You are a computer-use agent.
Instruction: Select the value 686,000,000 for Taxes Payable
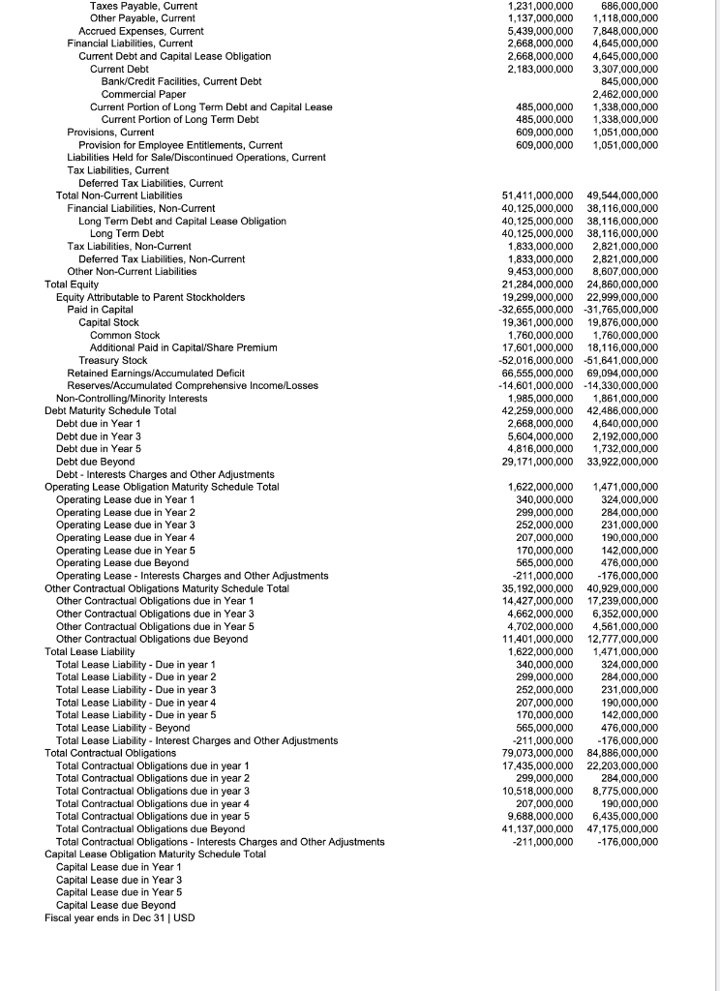pyautogui.click(x=624, y=6)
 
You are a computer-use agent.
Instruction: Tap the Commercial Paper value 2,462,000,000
pyautogui.click(x=624, y=94)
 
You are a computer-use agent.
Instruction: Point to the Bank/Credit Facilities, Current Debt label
pyautogui.click(x=181, y=81)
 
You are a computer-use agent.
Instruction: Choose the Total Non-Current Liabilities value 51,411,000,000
pyautogui.click(x=537, y=195)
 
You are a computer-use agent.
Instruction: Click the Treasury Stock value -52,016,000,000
pyautogui.click(x=537, y=360)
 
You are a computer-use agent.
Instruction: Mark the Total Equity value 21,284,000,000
pyautogui.click(x=537, y=285)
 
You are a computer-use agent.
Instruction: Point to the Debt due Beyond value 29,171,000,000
pyautogui.click(x=537, y=461)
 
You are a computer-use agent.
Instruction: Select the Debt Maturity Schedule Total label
pyautogui.click(x=110, y=410)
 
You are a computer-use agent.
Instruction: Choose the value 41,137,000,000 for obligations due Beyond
pyautogui.click(x=537, y=828)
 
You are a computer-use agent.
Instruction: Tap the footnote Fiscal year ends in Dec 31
pyautogui.click(x=119, y=916)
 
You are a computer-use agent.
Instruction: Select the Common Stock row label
pyautogui.click(x=125, y=335)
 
